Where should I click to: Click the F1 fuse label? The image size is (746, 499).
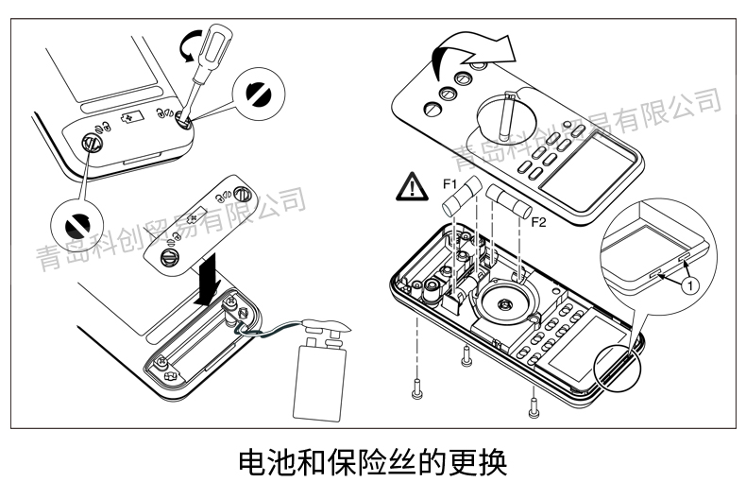[x=449, y=181]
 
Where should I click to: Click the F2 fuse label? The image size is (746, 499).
[x=538, y=223]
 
